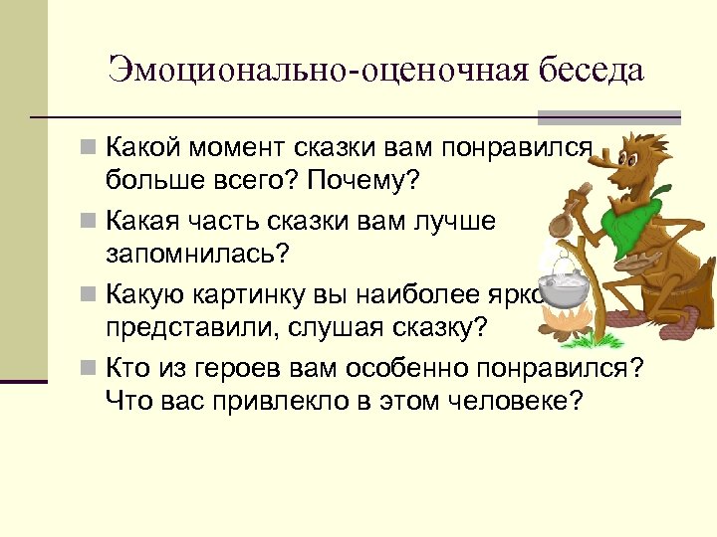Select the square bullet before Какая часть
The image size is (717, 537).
coord(90,219)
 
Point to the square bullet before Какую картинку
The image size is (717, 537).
coord(90,292)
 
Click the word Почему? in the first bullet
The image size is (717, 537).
coord(369,183)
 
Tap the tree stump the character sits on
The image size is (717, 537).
coord(667,298)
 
